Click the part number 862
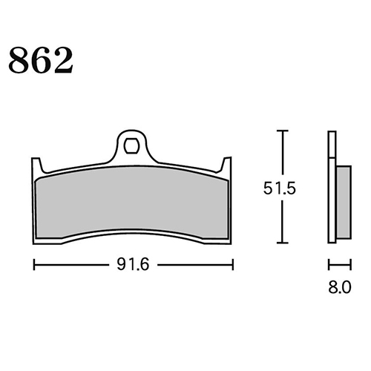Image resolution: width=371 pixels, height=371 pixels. click(x=41, y=61)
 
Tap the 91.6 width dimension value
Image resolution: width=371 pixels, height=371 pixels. click(x=133, y=264)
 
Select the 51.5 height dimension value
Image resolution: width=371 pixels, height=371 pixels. click(x=280, y=188)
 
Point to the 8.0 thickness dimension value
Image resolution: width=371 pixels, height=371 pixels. click(x=340, y=287)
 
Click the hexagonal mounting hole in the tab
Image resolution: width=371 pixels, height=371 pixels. click(x=131, y=146)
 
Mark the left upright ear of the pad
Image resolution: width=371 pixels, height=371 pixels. click(x=36, y=165)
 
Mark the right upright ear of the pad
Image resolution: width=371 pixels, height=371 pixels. click(x=226, y=165)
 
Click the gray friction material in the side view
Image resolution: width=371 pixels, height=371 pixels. click(x=344, y=203)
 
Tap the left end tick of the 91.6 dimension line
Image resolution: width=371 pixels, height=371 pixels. click(x=34, y=265)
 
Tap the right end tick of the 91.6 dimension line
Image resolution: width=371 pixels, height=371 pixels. click(x=233, y=265)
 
